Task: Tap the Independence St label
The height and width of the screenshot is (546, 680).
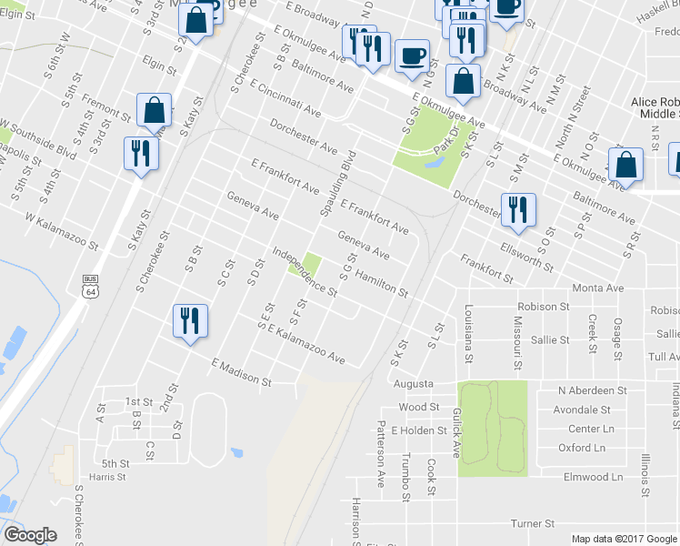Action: coord(305,272)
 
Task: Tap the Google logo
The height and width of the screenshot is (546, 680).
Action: coord(30,535)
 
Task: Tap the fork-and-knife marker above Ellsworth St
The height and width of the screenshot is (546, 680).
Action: coord(518,209)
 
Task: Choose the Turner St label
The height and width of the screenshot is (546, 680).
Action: coord(532,524)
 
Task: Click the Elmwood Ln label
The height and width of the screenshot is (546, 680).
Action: coord(592,477)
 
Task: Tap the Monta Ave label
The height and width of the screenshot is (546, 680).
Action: coord(598,288)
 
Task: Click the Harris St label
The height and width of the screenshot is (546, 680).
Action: coord(106,477)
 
